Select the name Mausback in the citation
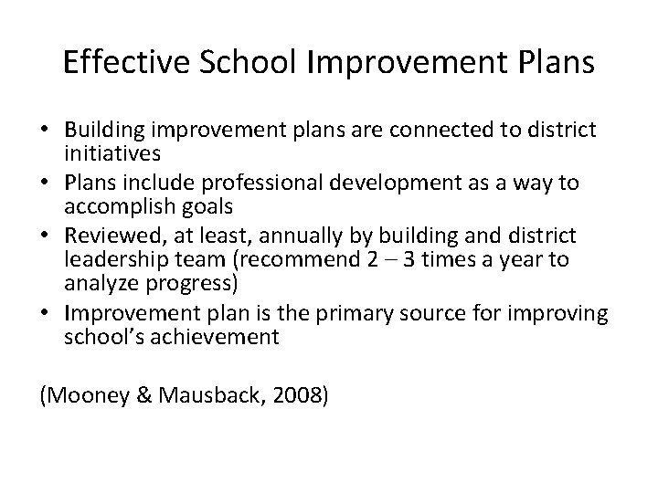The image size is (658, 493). coord(201,395)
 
